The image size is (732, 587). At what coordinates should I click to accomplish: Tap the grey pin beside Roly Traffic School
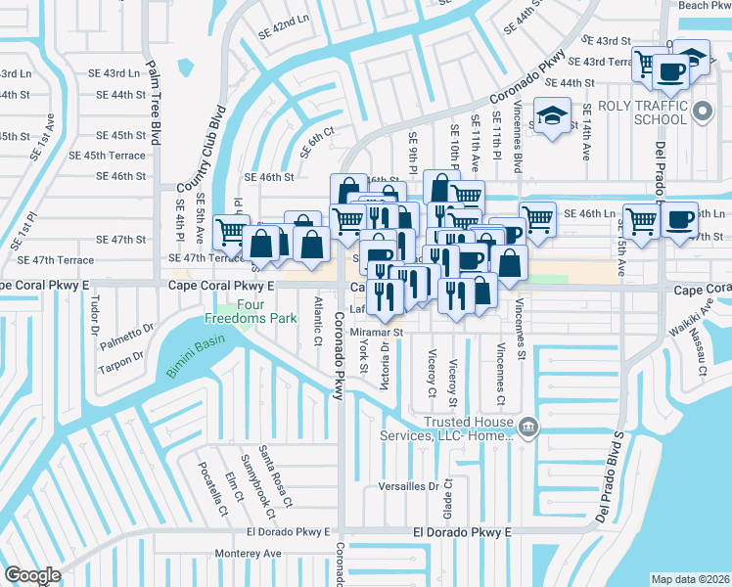pos(702,113)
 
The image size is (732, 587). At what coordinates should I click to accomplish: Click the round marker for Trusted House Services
pos(527,426)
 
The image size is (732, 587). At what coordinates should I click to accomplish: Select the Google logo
pos(32,574)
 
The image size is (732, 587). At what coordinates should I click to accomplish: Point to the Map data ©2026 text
pos(691,579)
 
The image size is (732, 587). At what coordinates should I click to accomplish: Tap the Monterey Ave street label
pos(249,553)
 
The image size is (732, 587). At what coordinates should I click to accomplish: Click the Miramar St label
pos(377,333)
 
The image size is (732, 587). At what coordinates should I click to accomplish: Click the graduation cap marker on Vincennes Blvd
pos(552,117)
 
